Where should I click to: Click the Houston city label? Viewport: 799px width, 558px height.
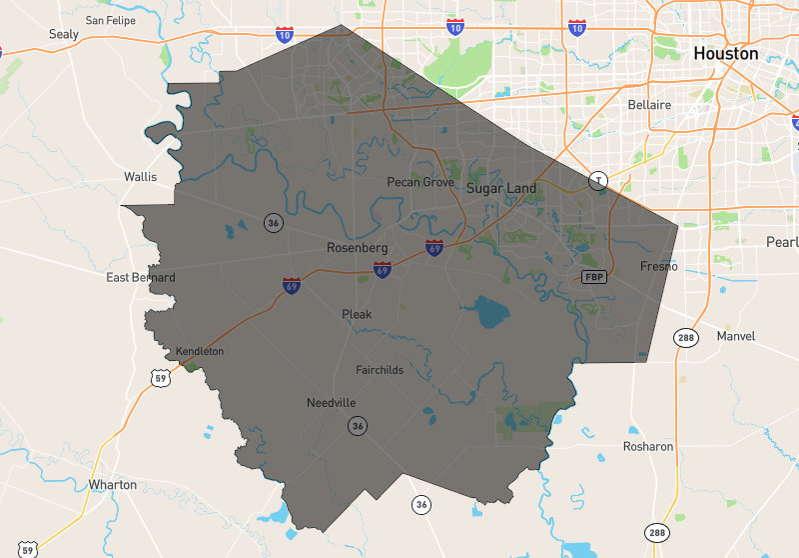pos(726,53)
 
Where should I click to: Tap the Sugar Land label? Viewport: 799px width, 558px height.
pos(500,188)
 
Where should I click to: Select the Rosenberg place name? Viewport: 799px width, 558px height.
pos(357,247)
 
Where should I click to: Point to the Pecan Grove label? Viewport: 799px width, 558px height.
pos(420,182)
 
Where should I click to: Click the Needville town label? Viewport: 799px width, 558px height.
pos(331,403)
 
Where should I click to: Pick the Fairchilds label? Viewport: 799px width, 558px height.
pos(380,370)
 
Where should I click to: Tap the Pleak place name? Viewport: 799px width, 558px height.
pos(357,314)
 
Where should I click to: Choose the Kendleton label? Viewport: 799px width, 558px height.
pos(200,351)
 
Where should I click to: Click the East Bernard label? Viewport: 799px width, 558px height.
pos(141,277)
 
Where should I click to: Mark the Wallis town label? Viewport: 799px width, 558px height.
pos(141,176)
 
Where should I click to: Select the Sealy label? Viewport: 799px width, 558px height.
pos(64,34)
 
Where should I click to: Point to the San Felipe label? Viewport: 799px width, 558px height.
pos(110,19)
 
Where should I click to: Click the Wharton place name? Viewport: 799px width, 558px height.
pos(113,484)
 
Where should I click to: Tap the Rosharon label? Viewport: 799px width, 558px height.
pos(648,446)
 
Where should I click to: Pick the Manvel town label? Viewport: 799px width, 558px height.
pos(736,336)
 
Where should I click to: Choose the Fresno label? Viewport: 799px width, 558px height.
pos(659,266)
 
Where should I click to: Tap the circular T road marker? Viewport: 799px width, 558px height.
pos(598,181)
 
